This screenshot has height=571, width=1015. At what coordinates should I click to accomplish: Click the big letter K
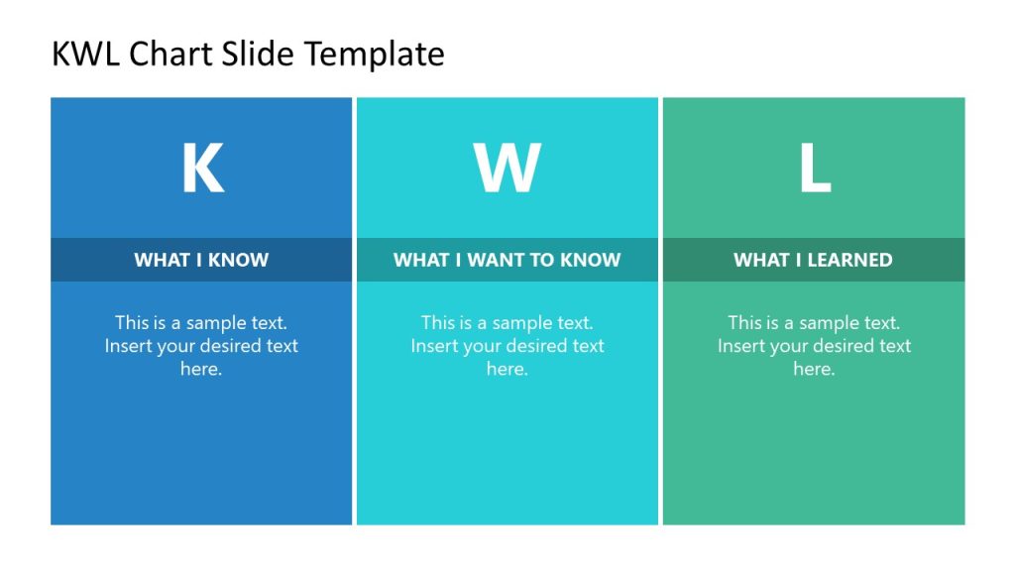click(202, 168)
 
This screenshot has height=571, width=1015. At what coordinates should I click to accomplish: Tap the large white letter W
click(507, 168)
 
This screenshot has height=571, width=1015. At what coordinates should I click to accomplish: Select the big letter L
click(815, 168)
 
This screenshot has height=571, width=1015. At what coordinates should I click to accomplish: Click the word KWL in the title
click(85, 54)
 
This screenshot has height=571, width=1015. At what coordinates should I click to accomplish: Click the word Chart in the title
click(170, 54)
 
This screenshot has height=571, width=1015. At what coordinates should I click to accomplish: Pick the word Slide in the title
click(259, 54)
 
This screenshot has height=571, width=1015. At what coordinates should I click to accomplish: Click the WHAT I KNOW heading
click(201, 260)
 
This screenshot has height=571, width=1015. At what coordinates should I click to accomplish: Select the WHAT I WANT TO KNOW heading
click(507, 260)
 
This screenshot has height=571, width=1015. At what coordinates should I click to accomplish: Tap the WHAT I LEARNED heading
click(813, 260)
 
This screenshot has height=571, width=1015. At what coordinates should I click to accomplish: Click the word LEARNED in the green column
click(849, 260)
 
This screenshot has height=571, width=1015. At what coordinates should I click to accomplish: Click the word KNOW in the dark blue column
click(238, 260)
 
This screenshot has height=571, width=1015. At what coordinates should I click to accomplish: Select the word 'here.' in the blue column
click(201, 369)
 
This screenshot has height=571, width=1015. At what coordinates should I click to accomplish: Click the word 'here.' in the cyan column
click(507, 369)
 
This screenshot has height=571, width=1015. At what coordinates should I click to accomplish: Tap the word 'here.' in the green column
click(815, 369)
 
